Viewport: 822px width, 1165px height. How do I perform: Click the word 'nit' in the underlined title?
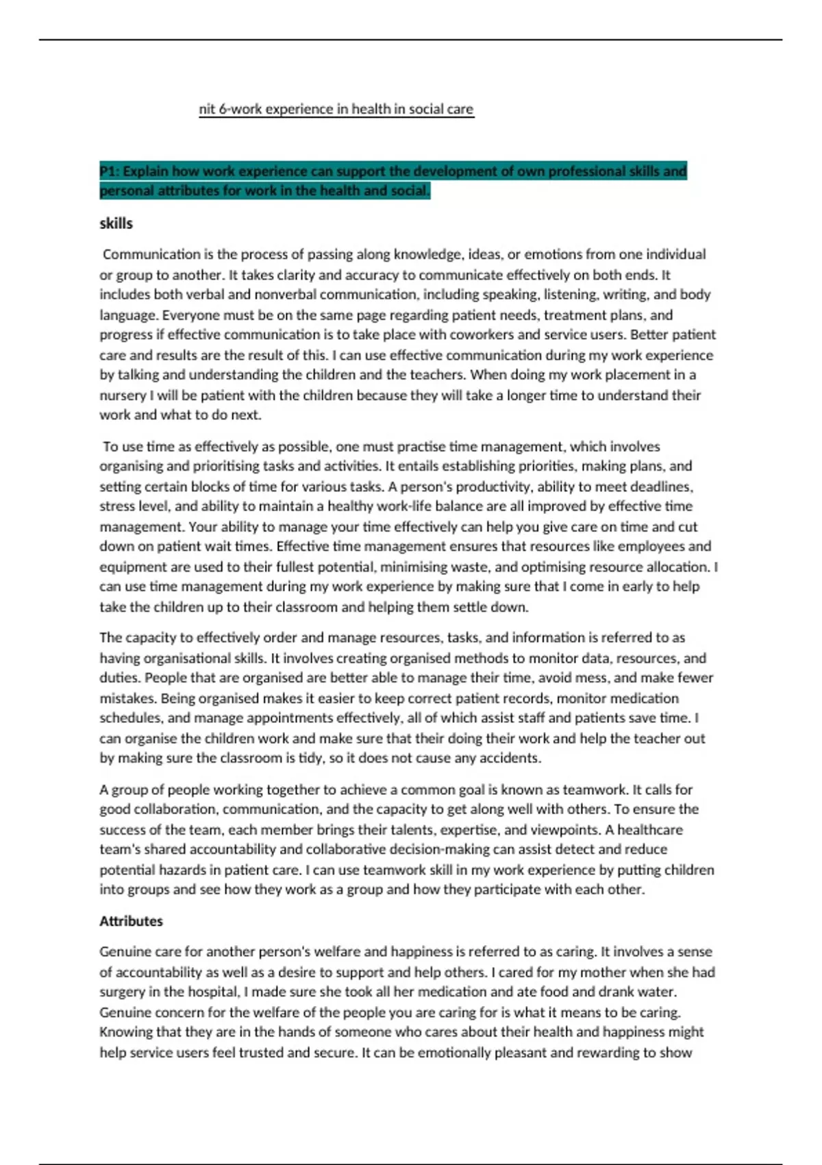(x=206, y=109)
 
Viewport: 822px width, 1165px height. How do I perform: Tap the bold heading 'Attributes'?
(x=131, y=921)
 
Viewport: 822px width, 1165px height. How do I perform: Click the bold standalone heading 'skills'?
(x=116, y=223)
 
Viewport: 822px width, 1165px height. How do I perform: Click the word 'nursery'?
(x=122, y=395)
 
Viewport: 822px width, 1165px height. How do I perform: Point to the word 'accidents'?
(x=510, y=758)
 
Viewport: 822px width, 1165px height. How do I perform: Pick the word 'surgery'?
(x=121, y=992)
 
